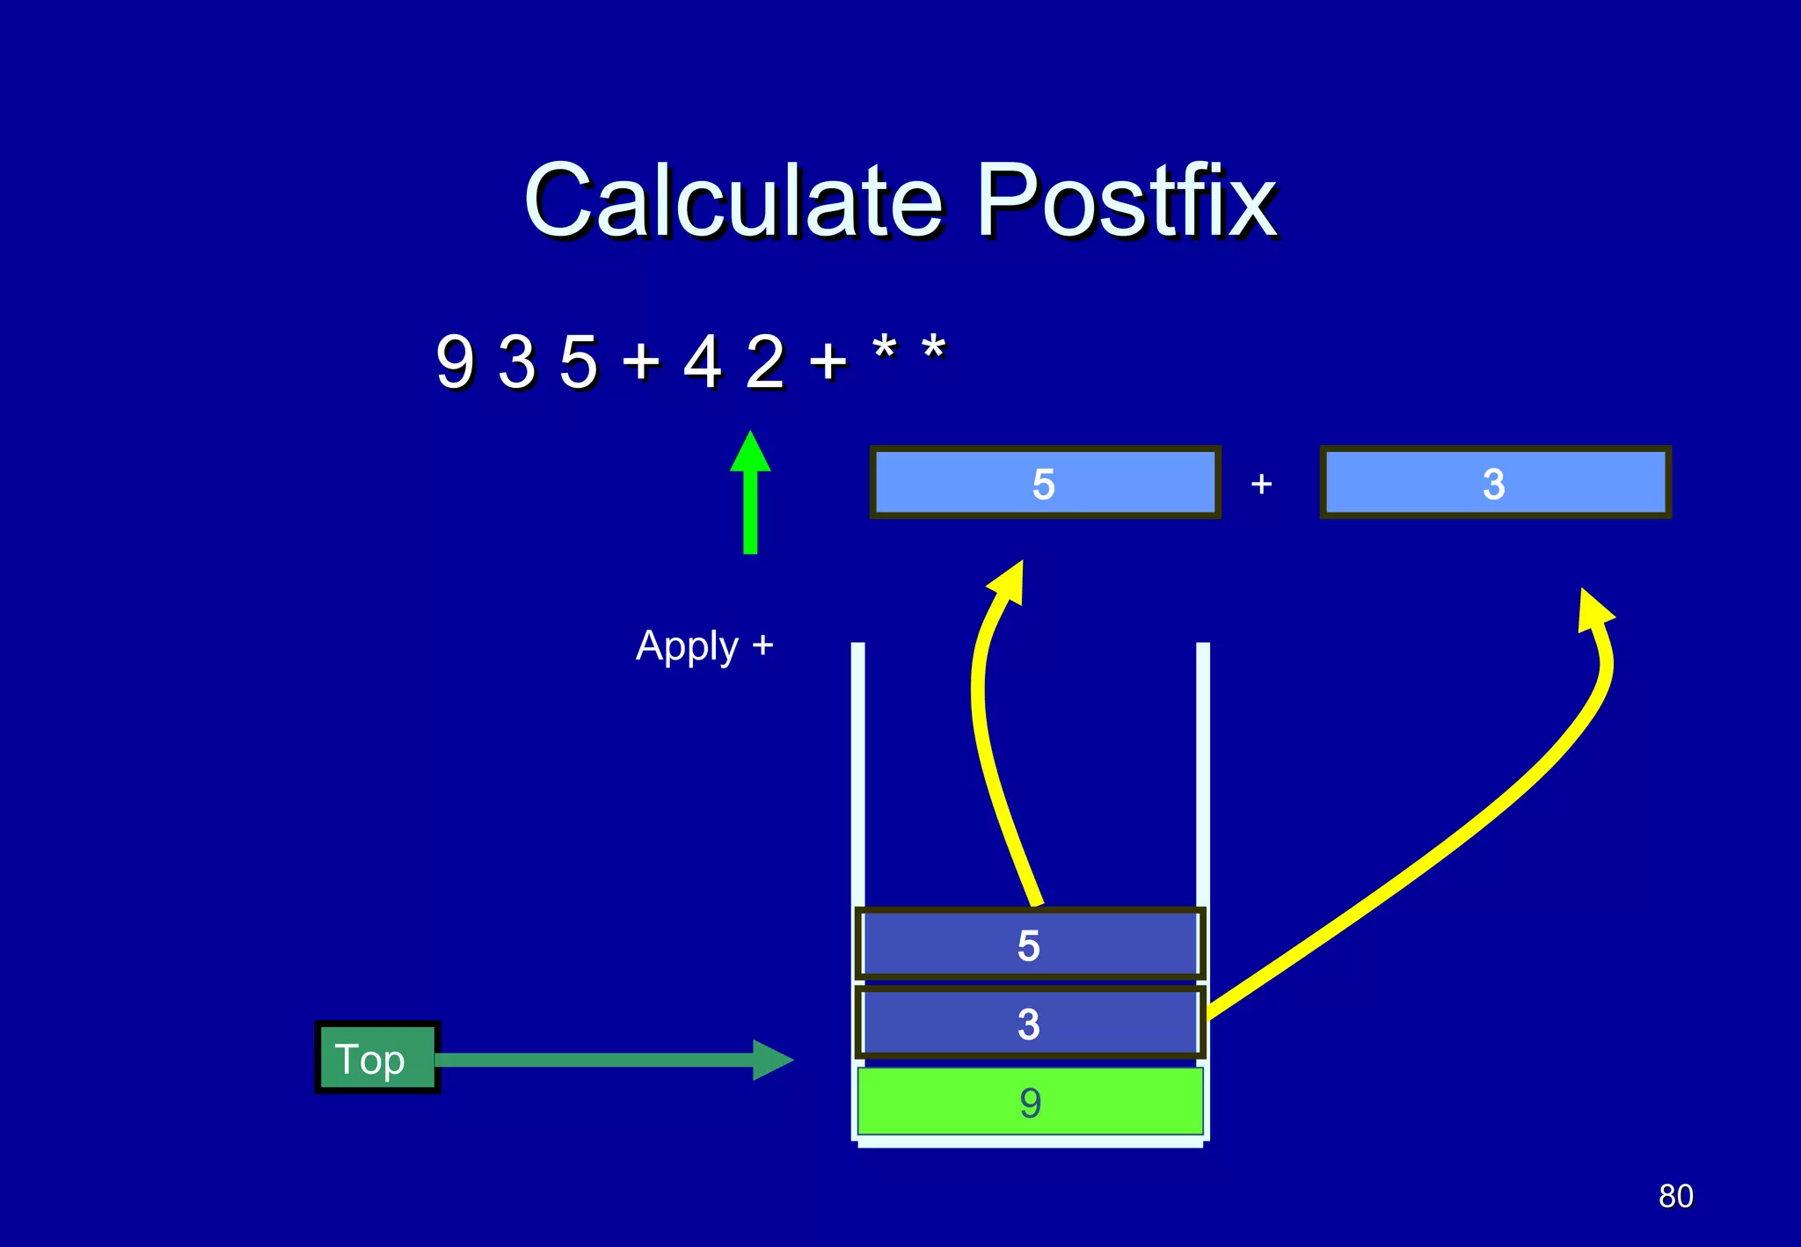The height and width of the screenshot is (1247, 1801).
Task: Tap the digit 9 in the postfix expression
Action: click(x=455, y=361)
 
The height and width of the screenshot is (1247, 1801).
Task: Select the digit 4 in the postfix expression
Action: click(x=703, y=361)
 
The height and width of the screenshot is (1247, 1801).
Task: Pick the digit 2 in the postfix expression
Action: click(x=764, y=361)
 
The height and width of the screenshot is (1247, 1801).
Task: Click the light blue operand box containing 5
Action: click(x=1045, y=483)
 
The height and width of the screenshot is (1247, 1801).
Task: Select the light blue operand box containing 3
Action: click(x=1494, y=483)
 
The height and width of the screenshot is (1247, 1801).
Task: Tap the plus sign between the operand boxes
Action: click(x=1261, y=484)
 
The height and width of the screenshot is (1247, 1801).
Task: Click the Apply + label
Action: click(x=704, y=647)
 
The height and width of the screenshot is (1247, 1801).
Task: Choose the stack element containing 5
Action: click(x=1029, y=945)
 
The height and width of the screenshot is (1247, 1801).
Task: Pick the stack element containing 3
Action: click(x=1029, y=1024)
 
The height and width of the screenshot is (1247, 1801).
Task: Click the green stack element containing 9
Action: click(x=1029, y=1102)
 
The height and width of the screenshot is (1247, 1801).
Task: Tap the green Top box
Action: click(x=377, y=1058)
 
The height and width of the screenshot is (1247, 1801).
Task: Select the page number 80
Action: click(x=1675, y=1196)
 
